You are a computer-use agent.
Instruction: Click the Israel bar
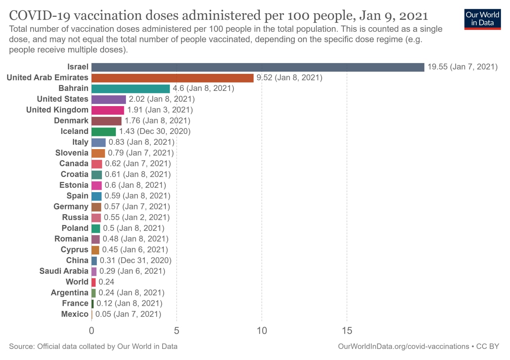point(258,67)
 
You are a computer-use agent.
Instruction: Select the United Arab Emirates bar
point(173,78)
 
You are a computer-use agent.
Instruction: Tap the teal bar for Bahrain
point(131,89)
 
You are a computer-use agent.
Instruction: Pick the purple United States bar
point(109,99)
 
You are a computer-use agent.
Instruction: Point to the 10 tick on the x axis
point(262,331)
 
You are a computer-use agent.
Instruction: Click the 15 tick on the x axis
point(347,331)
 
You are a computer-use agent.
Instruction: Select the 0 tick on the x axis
point(92,331)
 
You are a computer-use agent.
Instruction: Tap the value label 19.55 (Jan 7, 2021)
point(463,67)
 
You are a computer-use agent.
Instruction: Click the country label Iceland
point(75,131)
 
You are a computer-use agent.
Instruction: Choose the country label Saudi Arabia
point(64,271)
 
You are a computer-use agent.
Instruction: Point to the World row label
point(77,282)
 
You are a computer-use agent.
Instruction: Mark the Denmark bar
point(106,121)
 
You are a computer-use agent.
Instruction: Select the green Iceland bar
point(104,132)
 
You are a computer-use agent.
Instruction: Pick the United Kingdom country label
point(57,110)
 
